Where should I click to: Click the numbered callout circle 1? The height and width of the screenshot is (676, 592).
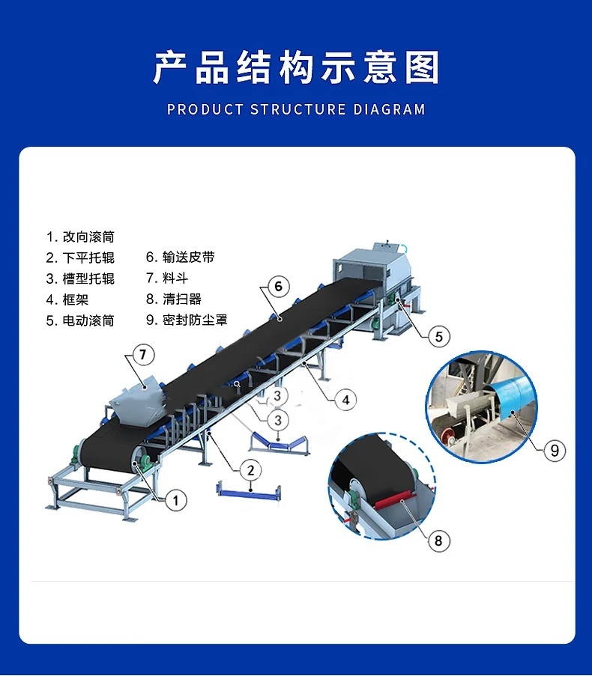coord(175,501)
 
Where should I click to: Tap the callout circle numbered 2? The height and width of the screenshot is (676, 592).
coord(251,470)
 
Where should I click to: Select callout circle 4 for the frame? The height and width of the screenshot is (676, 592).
coord(345,400)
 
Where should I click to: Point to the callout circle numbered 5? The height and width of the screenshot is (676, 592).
coord(439,336)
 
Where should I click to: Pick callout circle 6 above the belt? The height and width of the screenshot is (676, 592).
coord(278,286)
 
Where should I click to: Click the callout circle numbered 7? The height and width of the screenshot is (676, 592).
coord(143,354)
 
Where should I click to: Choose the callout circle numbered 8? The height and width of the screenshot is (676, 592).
coord(438,541)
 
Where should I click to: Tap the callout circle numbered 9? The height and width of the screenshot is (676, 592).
coord(555,451)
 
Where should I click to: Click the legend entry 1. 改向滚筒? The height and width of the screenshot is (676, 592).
coord(80,237)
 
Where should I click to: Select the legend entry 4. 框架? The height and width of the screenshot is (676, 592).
coord(67,299)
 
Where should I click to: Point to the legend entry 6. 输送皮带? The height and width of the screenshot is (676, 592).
coord(180,257)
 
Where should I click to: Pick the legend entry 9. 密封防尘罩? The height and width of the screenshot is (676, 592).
coord(187,320)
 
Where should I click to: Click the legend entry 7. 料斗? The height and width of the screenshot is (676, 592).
coord(167,278)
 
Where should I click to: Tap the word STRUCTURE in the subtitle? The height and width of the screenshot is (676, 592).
coord(298,109)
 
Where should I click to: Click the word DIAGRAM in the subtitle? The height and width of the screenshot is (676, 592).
coord(390,109)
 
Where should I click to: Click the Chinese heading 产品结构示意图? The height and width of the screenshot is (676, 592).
coord(296,67)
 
